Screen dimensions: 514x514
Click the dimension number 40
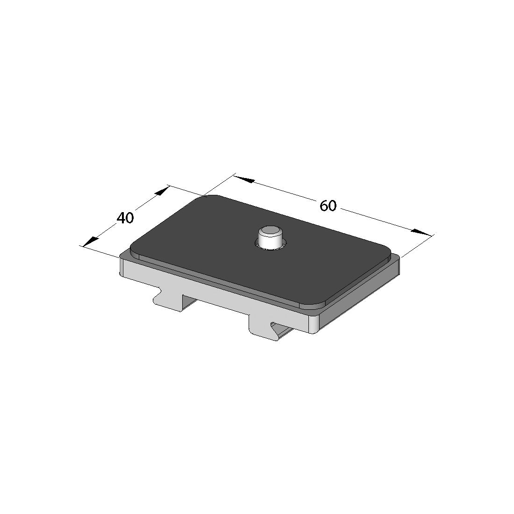pos(126,218)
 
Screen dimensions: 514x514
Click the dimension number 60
pos(328,206)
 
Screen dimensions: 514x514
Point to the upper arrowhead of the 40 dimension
pos(162,192)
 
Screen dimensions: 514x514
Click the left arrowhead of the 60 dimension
pos(244,179)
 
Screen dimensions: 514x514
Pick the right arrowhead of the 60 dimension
pos(421,232)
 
